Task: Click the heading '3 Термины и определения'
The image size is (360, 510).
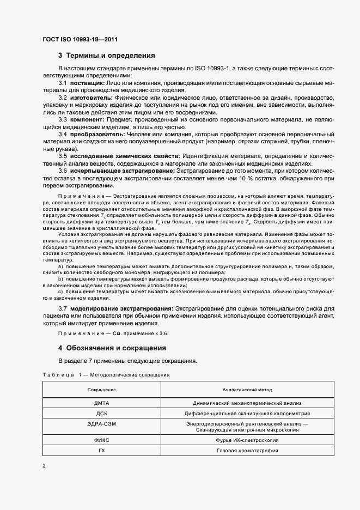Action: pos(107,56)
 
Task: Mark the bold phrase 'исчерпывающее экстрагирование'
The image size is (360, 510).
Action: pos(121,171)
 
